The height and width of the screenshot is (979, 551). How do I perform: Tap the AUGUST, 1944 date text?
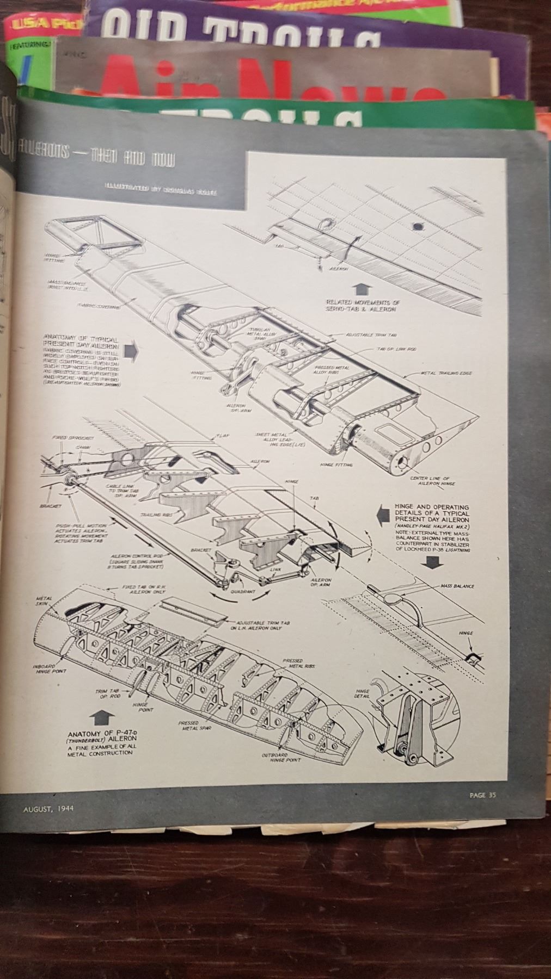pyautogui.click(x=48, y=808)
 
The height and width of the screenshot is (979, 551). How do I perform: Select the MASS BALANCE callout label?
pyautogui.click(x=457, y=587)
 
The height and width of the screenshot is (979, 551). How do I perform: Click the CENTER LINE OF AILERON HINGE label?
pyautogui.click(x=436, y=480)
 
